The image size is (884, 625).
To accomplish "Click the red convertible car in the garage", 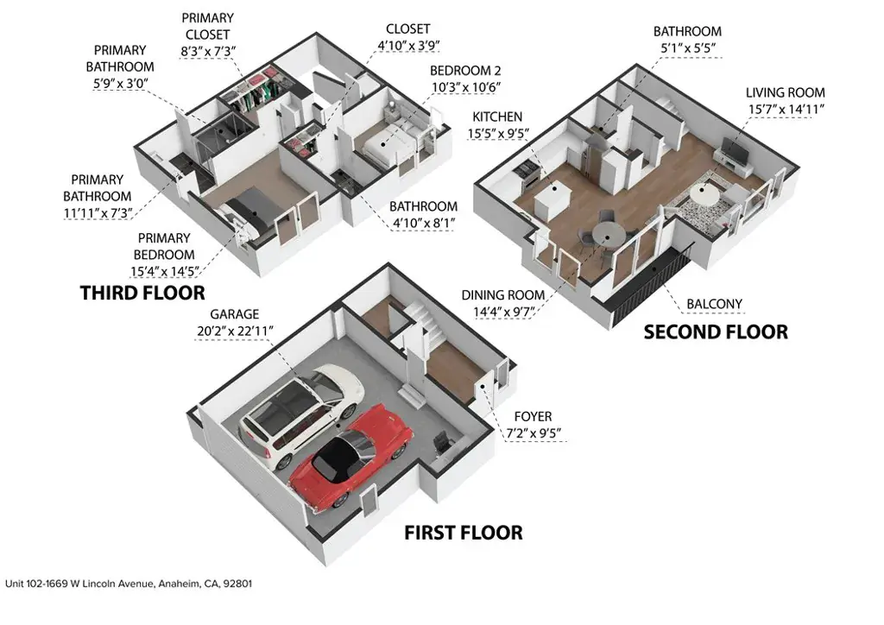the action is (x=350, y=455).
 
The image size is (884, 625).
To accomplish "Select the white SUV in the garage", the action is (x=301, y=414).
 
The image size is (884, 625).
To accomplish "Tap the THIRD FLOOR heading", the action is (x=142, y=293).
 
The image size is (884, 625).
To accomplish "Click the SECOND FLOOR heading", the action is (x=716, y=332).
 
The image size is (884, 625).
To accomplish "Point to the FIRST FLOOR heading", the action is (x=464, y=533).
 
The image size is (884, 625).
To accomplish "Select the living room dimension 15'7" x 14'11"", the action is (x=786, y=110).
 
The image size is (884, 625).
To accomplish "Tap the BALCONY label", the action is (x=714, y=305).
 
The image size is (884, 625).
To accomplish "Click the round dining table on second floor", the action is (x=608, y=235).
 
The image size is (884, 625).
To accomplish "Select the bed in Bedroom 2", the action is (x=389, y=143).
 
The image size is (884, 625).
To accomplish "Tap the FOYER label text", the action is (x=533, y=417).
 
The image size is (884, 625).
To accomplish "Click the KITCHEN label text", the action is (x=497, y=117).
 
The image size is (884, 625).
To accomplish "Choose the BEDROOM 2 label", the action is (x=465, y=71).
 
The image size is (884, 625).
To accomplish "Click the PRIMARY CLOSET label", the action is (x=207, y=26).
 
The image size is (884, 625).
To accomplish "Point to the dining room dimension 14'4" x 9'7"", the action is (x=504, y=312).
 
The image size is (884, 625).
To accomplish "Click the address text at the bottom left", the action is (x=129, y=584).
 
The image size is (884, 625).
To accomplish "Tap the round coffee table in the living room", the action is (x=704, y=194).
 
